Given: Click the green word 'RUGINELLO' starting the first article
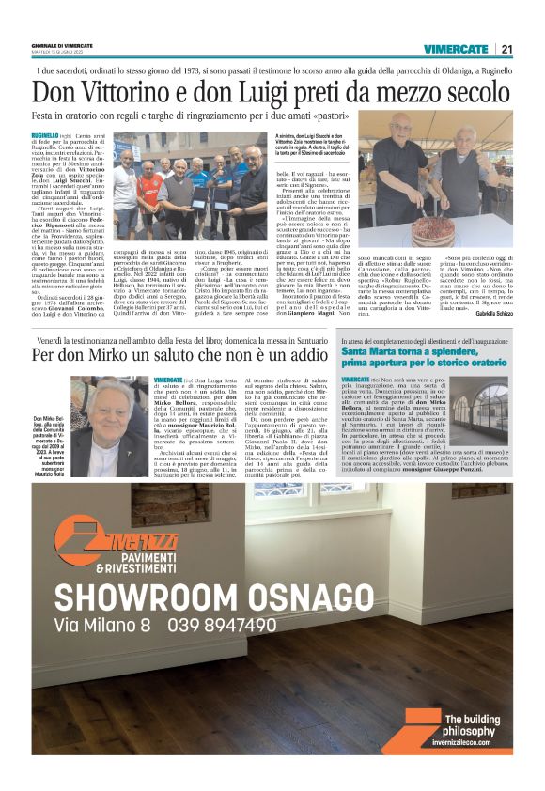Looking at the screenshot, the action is point(46,137).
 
